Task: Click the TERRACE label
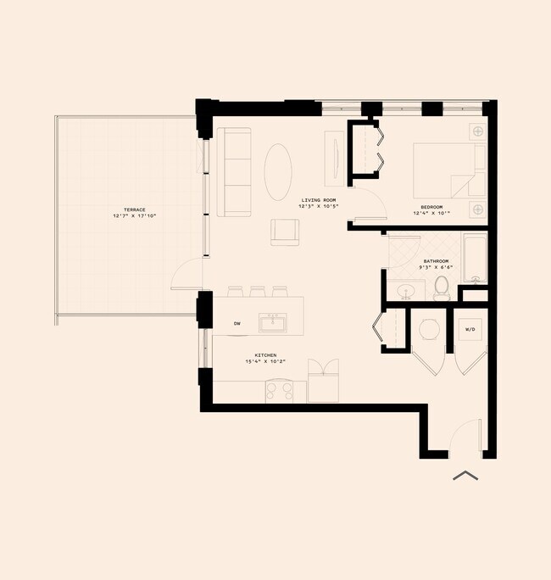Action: point(134,209)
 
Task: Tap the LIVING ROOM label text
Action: point(319,201)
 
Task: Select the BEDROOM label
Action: point(431,207)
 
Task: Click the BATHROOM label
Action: point(435,261)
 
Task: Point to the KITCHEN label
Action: point(265,355)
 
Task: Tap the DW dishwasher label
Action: point(237,323)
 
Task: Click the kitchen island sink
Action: point(273,322)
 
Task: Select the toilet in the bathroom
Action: point(441,289)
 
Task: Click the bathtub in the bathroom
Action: point(475,258)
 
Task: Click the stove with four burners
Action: point(286,390)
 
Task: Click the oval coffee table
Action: point(280,171)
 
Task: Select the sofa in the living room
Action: point(234,172)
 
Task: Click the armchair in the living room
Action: point(285,231)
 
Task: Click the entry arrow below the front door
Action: point(466,476)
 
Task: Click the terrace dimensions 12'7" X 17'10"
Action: point(134,217)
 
